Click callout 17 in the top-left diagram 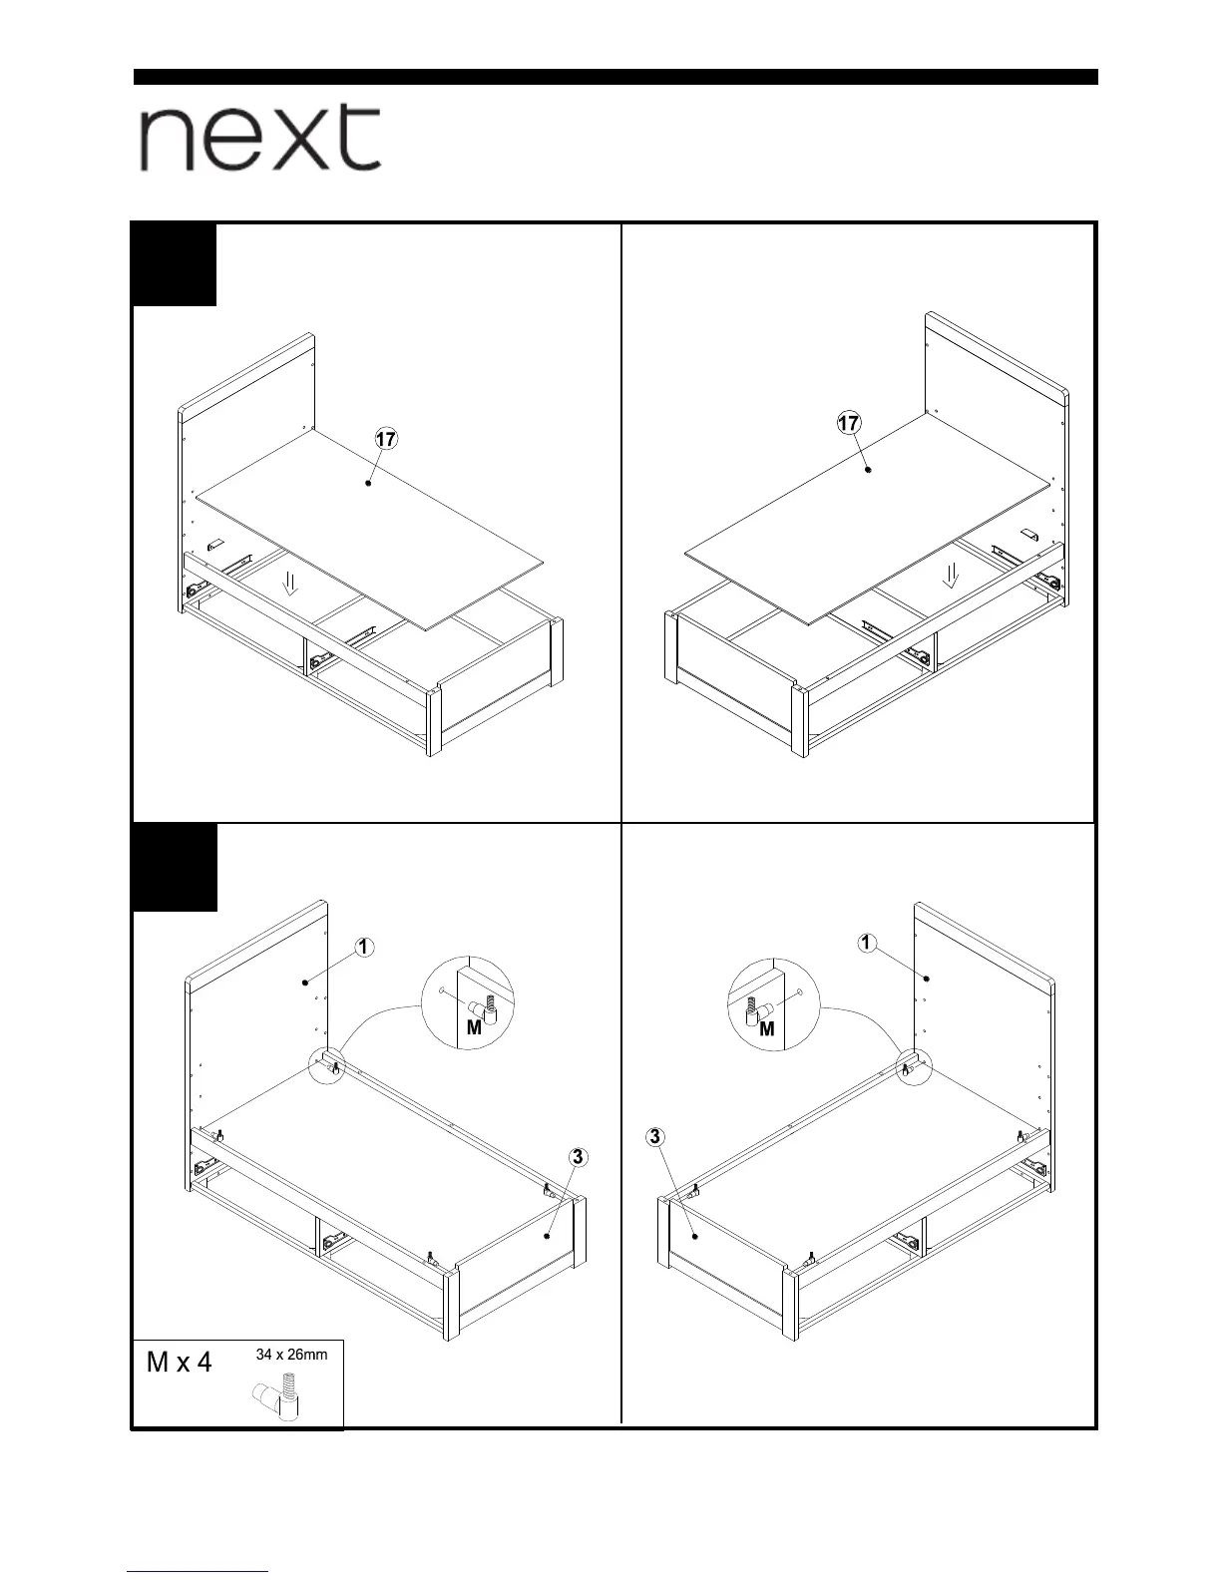(386, 438)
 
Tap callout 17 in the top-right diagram (849, 423)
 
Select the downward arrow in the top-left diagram (290, 582)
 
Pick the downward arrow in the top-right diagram (953, 574)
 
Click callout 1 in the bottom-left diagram (364, 947)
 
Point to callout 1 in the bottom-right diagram (867, 943)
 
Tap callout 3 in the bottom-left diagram (578, 1157)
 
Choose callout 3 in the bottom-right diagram (655, 1136)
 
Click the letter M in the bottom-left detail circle (474, 1027)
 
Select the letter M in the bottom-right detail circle (766, 1028)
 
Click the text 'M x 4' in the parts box (180, 1363)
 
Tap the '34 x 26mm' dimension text (291, 1355)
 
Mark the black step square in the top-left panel (175, 264)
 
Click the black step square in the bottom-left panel (175, 867)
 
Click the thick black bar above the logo (615, 77)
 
